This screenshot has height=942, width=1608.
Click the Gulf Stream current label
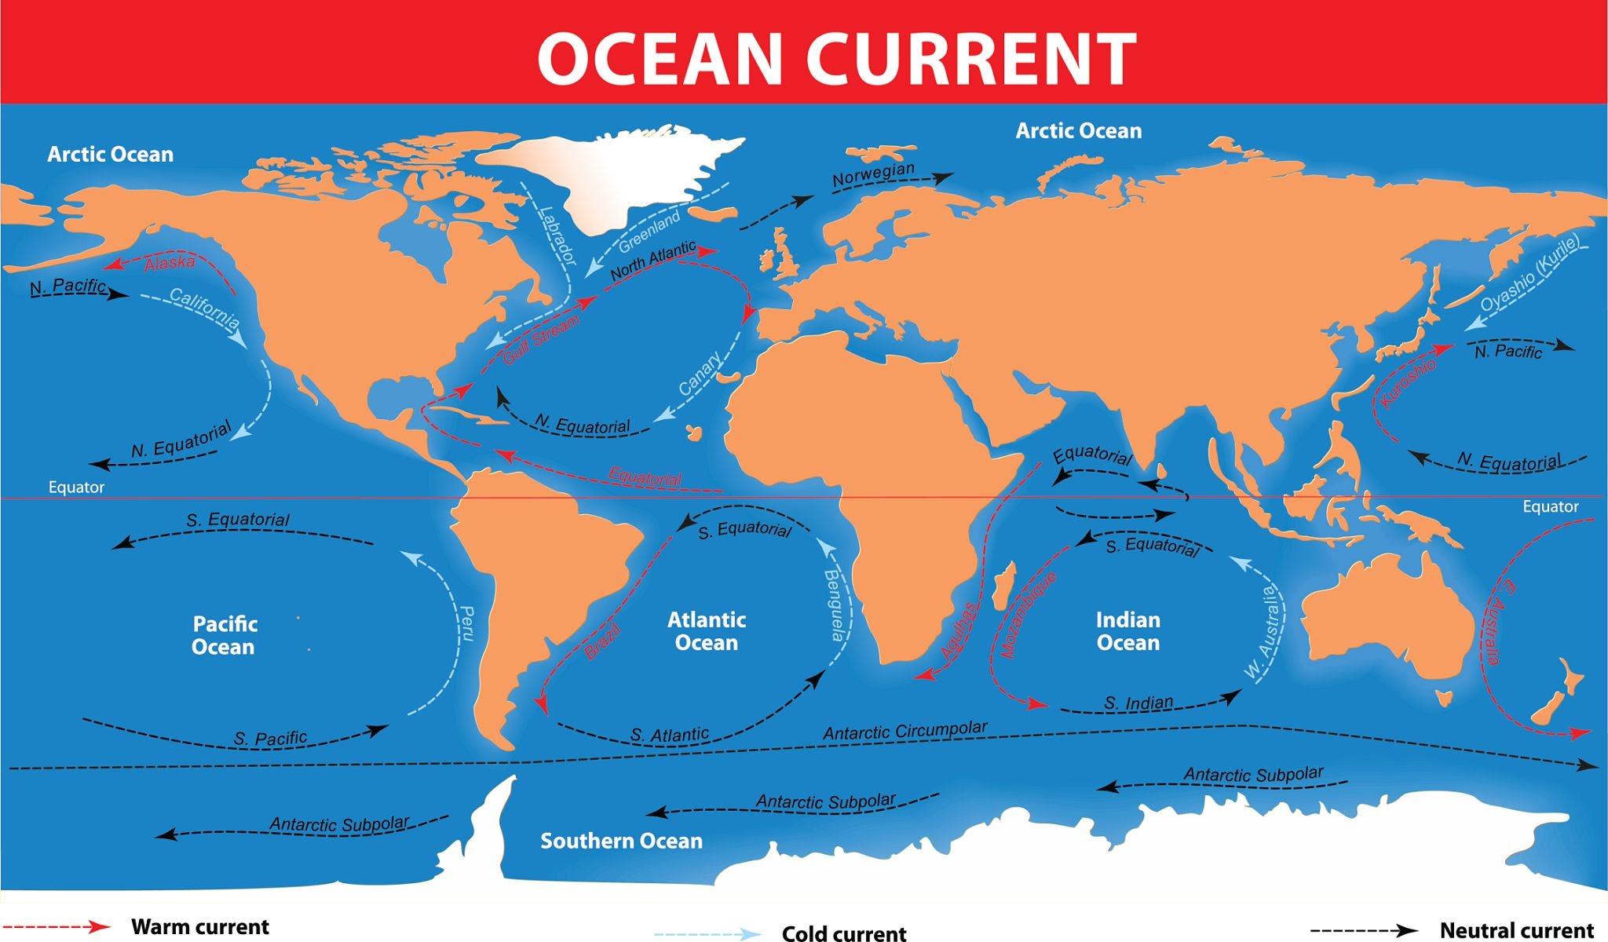point(542,338)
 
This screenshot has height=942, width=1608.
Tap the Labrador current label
point(557,235)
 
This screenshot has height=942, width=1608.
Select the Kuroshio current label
point(1409,382)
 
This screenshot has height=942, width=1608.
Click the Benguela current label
point(835,605)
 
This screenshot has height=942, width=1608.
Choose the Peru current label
point(466,623)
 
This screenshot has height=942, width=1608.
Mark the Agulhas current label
point(959,631)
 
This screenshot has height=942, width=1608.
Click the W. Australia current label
point(1264,632)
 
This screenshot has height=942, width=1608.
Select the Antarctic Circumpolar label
point(904,731)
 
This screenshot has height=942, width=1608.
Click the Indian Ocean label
point(1127,631)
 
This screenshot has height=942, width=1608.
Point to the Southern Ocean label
point(621,841)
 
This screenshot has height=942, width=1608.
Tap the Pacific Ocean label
point(225,635)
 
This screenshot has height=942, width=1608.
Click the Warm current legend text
point(199,927)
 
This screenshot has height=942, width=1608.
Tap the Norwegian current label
point(873,174)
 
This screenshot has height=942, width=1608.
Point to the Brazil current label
point(603,641)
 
